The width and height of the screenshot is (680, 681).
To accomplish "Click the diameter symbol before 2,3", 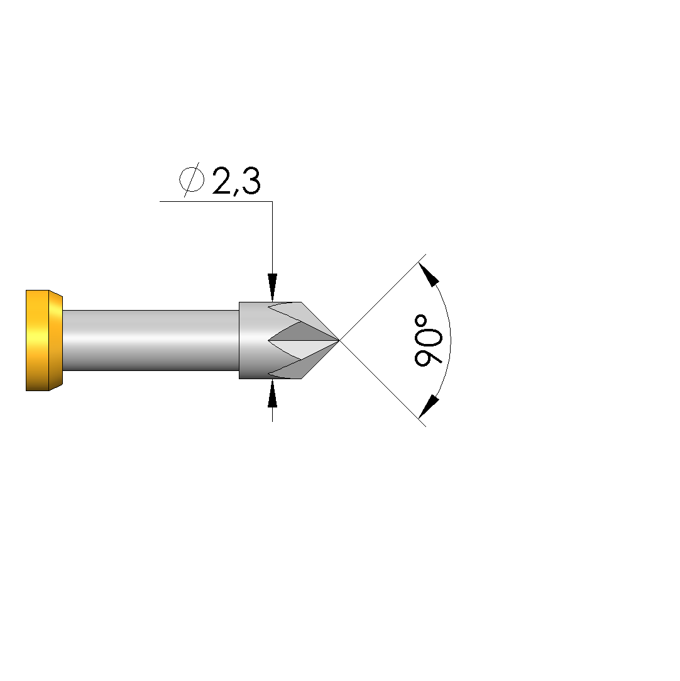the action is (x=192, y=179).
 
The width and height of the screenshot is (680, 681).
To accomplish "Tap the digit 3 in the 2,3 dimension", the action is (x=251, y=180).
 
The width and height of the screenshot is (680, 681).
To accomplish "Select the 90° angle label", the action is (x=429, y=341).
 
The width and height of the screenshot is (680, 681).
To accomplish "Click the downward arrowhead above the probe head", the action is (x=272, y=287).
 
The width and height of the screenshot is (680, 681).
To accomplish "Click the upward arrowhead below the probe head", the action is (x=272, y=394).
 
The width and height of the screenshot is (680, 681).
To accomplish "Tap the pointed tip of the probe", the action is (x=339, y=340).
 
